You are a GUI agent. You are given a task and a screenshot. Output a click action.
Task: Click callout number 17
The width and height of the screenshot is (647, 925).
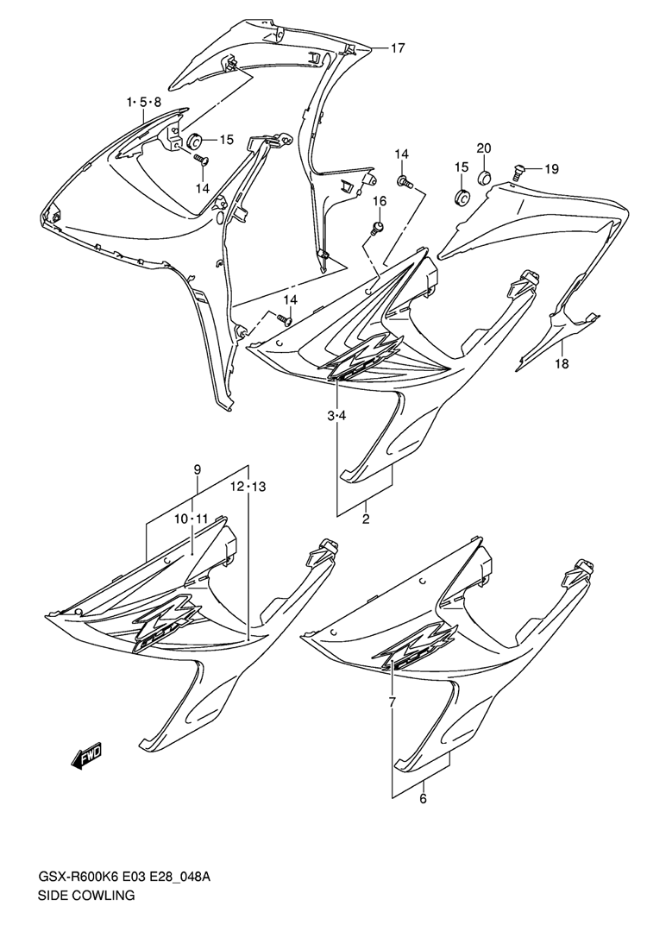(397, 48)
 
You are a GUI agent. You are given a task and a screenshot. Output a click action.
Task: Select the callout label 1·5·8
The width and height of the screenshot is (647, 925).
(144, 103)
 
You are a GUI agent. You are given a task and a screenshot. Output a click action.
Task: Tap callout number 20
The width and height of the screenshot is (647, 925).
(483, 148)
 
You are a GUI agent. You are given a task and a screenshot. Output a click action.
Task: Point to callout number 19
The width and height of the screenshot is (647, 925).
(551, 168)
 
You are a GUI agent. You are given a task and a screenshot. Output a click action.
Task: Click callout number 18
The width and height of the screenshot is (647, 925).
(561, 365)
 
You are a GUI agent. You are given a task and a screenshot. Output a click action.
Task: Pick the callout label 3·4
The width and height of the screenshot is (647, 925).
(336, 416)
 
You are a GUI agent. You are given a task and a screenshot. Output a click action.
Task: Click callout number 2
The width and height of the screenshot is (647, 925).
(365, 519)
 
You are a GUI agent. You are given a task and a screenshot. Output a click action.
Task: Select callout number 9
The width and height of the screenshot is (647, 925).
(198, 469)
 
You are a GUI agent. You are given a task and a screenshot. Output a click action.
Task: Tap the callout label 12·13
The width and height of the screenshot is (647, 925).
(248, 488)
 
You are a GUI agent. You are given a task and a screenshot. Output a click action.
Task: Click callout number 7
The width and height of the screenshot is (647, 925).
(392, 702)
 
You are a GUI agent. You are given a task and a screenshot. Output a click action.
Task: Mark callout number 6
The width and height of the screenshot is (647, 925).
(423, 798)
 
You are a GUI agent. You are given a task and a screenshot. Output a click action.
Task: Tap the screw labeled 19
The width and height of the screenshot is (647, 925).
(519, 171)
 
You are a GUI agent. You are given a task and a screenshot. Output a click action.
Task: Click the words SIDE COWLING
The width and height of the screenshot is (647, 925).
(85, 896)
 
